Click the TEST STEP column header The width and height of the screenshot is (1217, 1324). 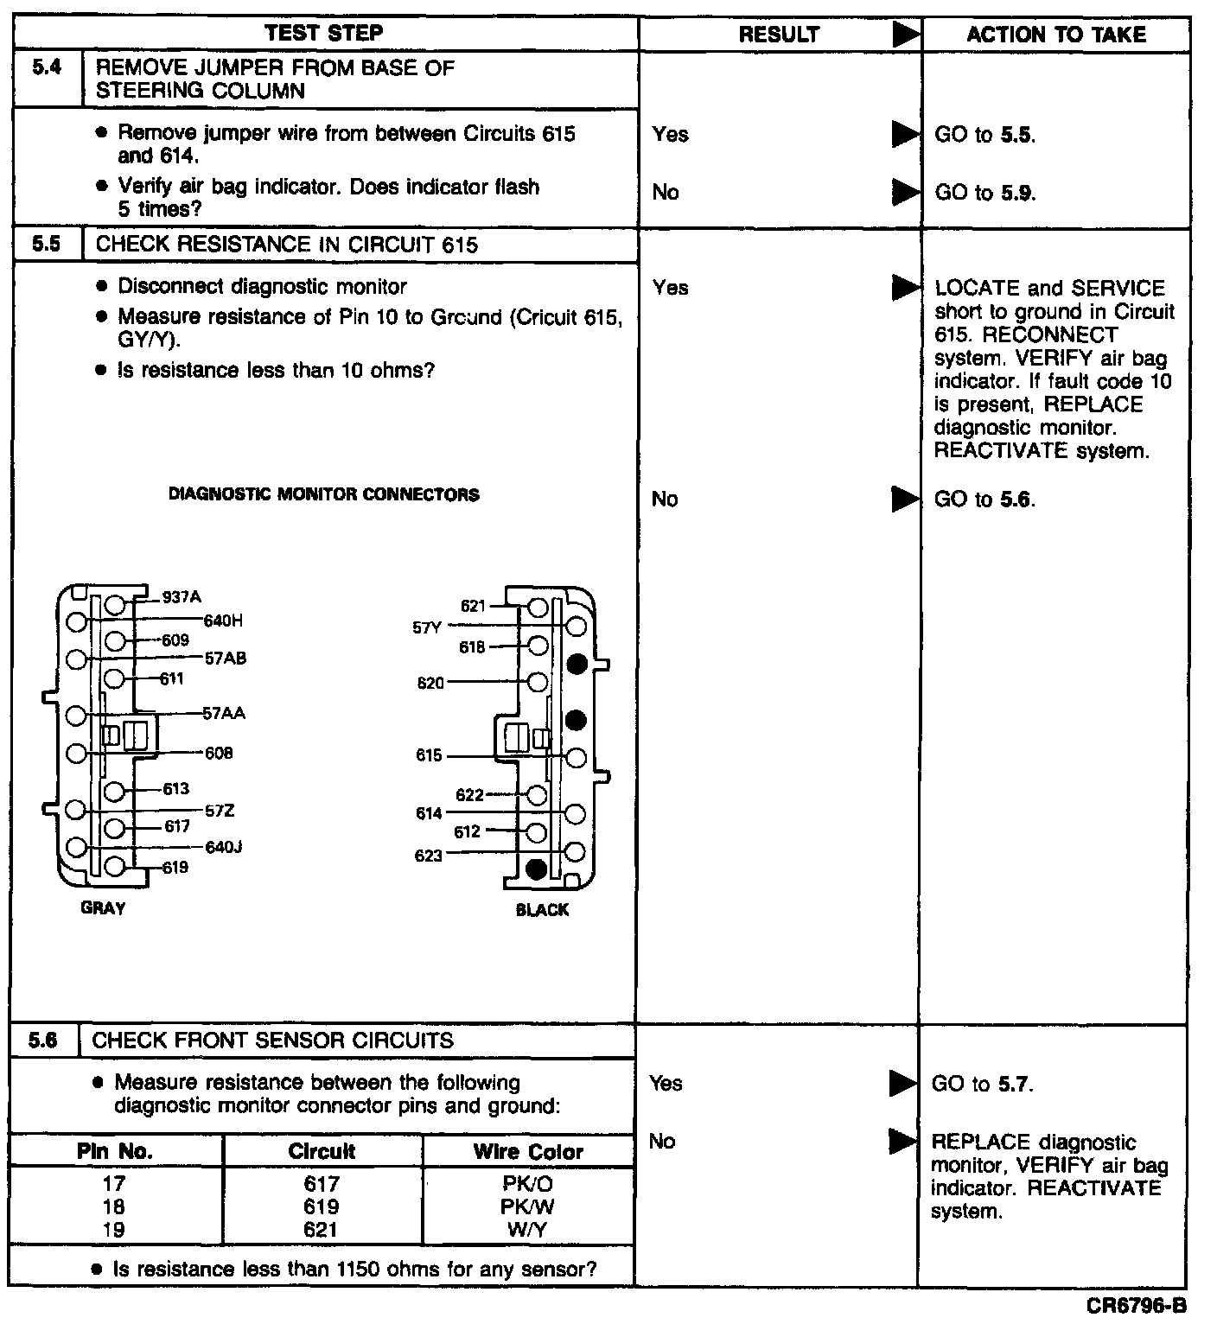point(324,34)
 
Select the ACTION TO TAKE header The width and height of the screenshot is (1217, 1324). point(1055,35)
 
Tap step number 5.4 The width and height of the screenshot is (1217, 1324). point(48,67)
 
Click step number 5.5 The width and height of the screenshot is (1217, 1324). point(48,244)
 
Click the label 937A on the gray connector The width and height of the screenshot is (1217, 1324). point(182,597)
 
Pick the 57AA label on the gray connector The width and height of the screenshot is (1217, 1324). point(224,713)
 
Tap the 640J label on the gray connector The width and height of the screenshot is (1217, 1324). point(223,847)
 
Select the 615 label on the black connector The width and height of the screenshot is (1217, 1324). point(429,756)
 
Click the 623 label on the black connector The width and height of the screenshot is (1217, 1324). point(429,856)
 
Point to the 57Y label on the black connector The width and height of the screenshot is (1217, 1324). point(427,628)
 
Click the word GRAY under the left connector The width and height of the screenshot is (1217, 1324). point(103,908)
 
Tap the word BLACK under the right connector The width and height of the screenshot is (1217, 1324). point(542,910)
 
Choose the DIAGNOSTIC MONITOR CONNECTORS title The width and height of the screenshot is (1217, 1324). point(323,494)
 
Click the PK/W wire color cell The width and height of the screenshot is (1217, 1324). point(527,1206)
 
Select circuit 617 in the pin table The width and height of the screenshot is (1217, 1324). point(322,1183)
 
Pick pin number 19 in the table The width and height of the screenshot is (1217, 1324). point(113,1230)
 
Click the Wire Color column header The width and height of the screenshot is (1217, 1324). point(527,1152)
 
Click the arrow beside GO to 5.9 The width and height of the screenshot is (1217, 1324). point(905,192)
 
